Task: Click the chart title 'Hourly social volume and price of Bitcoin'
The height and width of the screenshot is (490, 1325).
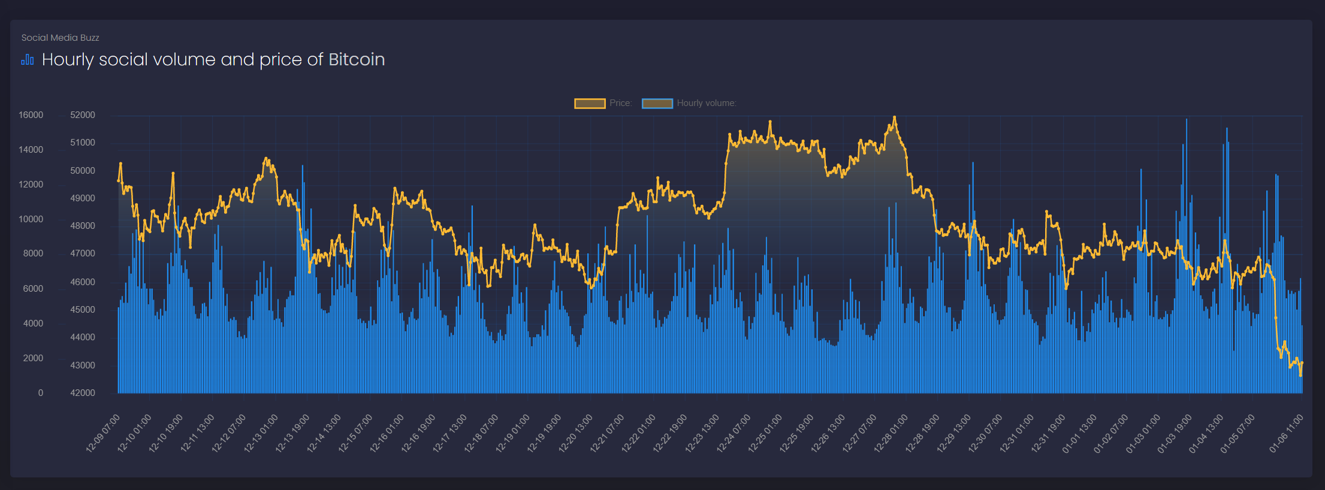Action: [x=213, y=60]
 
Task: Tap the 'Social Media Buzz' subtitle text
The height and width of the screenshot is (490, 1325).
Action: [x=60, y=38]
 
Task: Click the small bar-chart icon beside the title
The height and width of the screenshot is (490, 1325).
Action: [x=28, y=60]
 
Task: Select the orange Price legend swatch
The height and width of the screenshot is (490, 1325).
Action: [x=590, y=104]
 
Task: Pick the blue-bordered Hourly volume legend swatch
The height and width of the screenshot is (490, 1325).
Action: [x=657, y=104]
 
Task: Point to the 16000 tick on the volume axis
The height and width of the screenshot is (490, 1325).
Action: [x=31, y=115]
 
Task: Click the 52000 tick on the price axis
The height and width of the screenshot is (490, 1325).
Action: [x=83, y=115]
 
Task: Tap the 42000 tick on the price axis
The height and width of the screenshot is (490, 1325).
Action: [x=83, y=393]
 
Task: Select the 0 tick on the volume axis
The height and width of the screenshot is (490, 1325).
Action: [x=41, y=393]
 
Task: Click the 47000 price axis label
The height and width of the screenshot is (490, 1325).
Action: [x=83, y=253]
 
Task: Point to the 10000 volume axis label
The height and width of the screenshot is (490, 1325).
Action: [x=31, y=219]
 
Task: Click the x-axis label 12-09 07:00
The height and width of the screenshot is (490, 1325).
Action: [x=104, y=432]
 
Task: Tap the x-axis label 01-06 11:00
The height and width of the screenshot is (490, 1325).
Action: [x=1287, y=432]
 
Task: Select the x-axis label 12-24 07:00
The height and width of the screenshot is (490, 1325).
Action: [x=734, y=432]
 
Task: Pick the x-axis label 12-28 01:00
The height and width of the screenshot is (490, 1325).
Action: [x=892, y=432]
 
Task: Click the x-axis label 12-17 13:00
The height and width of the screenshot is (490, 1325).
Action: [x=450, y=432]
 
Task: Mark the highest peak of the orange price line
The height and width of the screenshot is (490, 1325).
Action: [x=894, y=117]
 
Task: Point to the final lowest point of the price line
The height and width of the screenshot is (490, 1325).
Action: [x=1300, y=376]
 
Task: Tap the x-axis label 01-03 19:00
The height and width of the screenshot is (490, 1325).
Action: [x=1175, y=432]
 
